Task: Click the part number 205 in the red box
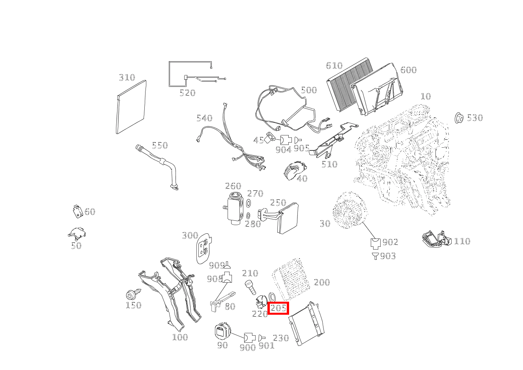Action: [x=278, y=308]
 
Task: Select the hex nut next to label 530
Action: [x=459, y=118]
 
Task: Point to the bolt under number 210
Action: [x=250, y=287]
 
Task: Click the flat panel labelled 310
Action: [x=131, y=107]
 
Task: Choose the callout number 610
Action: [x=334, y=66]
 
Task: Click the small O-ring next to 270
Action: [x=248, y=203]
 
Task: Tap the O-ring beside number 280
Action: [x=248, y=216]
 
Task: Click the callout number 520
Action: [x=187, y=93]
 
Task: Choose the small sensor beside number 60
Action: [x=78, y=211]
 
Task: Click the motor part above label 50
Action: [x=77, y=233]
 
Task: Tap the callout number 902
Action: [x=390, y=242]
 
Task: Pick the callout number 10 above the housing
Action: [x=426, y=96]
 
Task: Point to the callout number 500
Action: [x=309, y=90]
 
